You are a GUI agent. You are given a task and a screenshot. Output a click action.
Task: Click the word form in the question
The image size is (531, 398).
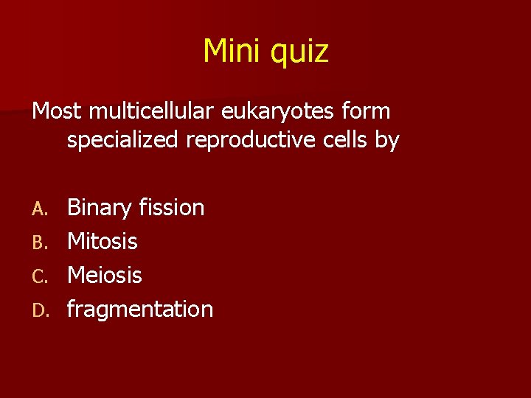(367, 111)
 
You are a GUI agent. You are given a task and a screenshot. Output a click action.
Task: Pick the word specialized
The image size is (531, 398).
(122, 141)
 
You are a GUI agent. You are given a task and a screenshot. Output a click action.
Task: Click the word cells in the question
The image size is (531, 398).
(344, 139)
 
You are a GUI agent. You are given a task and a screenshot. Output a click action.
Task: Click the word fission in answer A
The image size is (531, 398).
(173, 207)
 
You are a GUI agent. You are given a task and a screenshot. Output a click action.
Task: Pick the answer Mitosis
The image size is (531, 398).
(103, 241)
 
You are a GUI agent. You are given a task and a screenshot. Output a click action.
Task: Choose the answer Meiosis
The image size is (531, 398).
(105, 275)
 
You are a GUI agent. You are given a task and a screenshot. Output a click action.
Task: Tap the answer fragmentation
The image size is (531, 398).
(140, 310)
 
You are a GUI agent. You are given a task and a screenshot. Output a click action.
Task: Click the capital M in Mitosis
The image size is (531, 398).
(75, 241)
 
